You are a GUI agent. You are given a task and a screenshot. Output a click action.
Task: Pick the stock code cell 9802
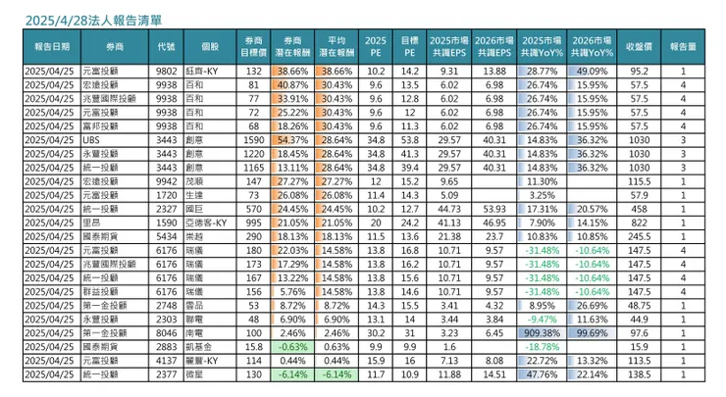pyautogui.click(x=166, y=72)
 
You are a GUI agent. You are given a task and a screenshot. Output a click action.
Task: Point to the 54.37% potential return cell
pyautogui.click(x=291, y=140)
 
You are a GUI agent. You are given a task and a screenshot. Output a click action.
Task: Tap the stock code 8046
pyautogui.click(x=166, y=332)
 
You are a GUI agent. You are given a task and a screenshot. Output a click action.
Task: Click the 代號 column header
pyautogui.click(x=166, y=46)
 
